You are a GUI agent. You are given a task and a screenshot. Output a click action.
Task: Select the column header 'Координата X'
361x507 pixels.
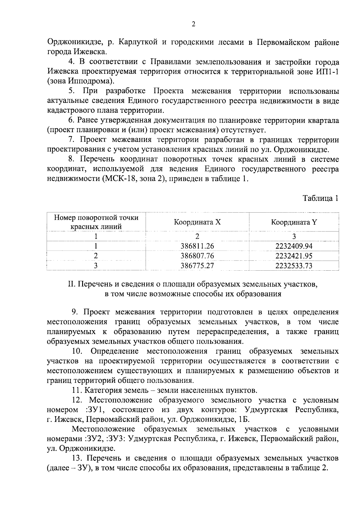point(197,223)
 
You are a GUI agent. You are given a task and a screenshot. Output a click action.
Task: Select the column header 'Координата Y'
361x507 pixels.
point(294,223)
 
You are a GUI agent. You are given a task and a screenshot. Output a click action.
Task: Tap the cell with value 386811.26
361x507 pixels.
point(197,246)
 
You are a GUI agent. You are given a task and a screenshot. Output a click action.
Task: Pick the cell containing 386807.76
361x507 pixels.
point(197,256)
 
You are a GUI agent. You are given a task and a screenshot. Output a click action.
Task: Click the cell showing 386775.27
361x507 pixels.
point(197,266)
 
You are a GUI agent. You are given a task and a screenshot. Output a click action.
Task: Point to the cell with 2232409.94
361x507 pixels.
point(294,246)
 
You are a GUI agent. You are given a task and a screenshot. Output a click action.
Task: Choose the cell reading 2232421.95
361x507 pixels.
point(294,256)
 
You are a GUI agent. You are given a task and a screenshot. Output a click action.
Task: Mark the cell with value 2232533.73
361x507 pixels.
point(294,266)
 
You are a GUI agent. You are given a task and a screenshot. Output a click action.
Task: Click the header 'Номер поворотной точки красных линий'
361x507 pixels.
point(96,222)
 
